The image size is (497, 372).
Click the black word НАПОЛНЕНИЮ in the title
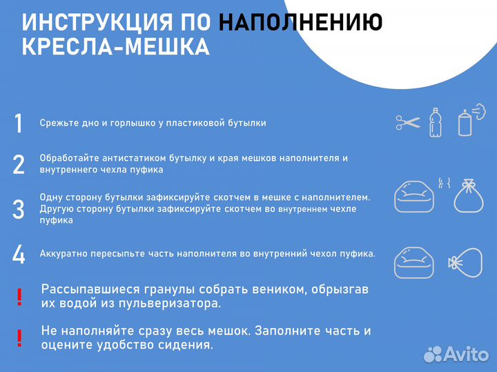[301, 22]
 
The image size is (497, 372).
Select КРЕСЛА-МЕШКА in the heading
[116, 48]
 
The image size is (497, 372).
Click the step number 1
[19, 123]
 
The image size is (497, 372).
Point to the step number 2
[19, 164]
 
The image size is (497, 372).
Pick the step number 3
[19, 208]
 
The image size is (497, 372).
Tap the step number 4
[19, 254]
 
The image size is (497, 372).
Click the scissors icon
[408, 123]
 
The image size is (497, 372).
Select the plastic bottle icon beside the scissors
[435, 121]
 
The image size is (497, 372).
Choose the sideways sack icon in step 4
[467, 263]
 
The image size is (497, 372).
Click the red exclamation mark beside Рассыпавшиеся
[19, 297]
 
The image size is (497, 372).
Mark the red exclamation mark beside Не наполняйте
[19, 338]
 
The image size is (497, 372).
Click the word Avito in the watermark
[467, 353]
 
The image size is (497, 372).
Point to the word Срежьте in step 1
[58, 123]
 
